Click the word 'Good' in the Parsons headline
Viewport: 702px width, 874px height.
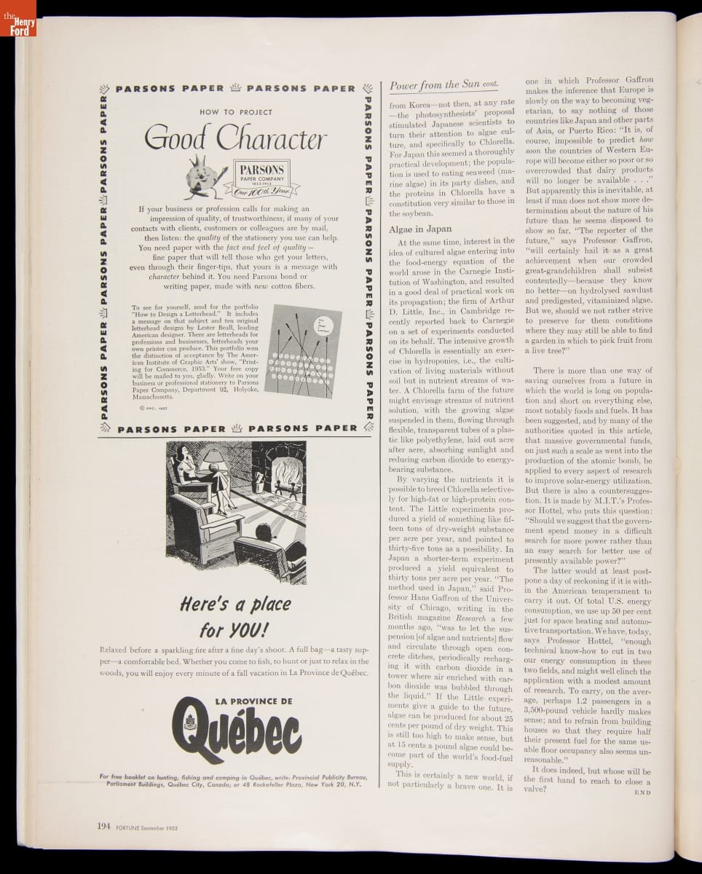(x=175, y=138)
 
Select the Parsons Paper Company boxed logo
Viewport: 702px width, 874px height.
(x=261, y=177)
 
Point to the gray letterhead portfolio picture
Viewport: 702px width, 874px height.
(x=302, y=351)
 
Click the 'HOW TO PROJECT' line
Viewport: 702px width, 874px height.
(x=235, y=112)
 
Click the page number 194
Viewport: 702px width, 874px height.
(x=104, y=826)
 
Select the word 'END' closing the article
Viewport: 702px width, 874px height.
(x=642, y=792)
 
